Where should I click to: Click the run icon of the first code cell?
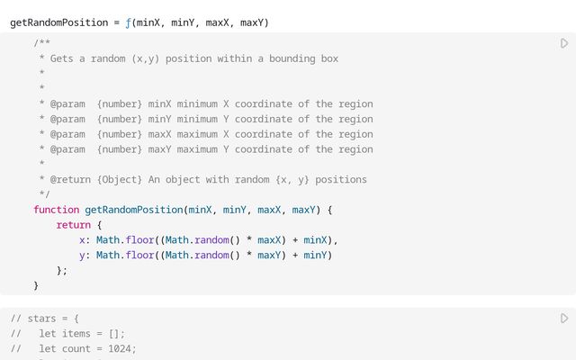tap(564, 43)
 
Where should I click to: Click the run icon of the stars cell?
tap(564, 319)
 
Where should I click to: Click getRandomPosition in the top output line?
tap(59, 22)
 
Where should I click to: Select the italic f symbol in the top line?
tap(129, 22)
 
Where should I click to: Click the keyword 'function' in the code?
tap(56, 210)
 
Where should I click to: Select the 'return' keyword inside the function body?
tap(73, 225)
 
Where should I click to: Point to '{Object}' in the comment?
tap(119, 179)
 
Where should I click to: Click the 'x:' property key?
tap(85, 240)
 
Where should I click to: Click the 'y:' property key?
tap(85, 255)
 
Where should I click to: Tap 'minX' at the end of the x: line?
tap(315, 240)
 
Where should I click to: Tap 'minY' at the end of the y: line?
tap(315, 255)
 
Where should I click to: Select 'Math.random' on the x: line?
tap(194, 240)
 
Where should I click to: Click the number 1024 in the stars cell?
tap(121, 348)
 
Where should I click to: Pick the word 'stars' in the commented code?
tap(41, 319)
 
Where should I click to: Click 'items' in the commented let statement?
tap(78, 334)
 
